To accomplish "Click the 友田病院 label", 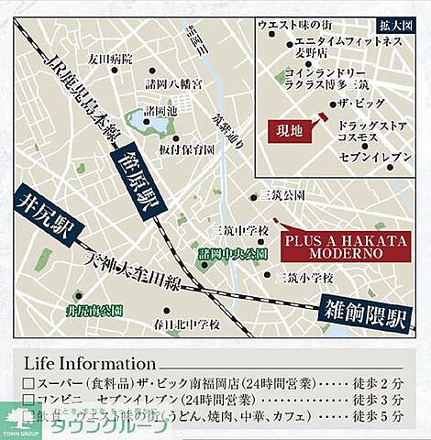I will [110, 59].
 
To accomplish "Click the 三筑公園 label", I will [281, 195].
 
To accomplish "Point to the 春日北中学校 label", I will [187, 324].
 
